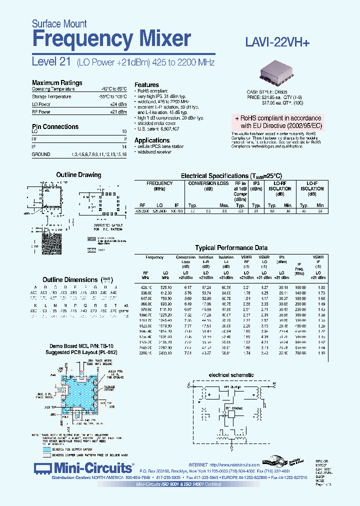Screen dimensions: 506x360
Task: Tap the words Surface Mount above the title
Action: [x=59, y=23]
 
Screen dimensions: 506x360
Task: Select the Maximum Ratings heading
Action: [x=57, y=82]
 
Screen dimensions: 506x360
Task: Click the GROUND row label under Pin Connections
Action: [x=41, y=154]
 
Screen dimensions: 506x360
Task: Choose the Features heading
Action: [x=146, y=85]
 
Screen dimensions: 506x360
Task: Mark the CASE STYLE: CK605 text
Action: [x=267, y=92]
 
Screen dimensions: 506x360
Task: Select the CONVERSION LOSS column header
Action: [x=208, y=183]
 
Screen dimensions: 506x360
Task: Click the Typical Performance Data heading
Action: [x=231, y=247]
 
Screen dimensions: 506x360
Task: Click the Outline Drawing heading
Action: [x=78, y=174]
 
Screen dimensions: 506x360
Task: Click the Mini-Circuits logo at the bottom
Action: [x=83, y=468]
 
